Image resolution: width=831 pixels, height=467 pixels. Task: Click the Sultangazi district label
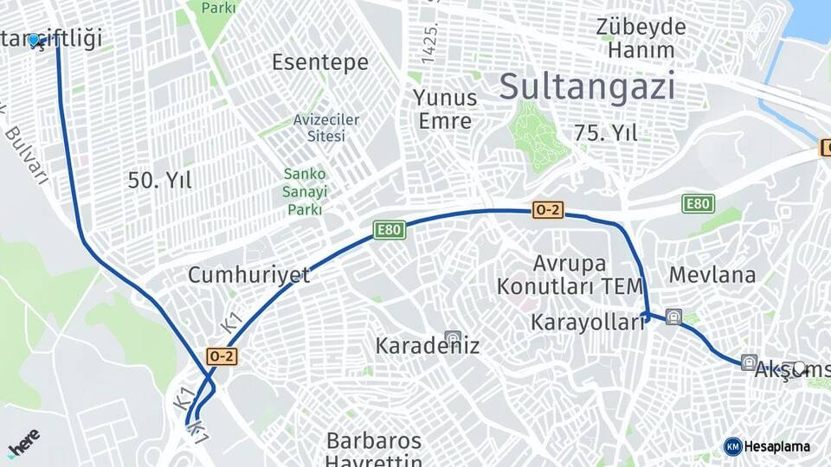coord(587,86)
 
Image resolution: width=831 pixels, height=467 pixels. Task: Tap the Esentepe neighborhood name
coord(319,62)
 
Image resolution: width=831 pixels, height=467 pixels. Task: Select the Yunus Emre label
coord(445,109)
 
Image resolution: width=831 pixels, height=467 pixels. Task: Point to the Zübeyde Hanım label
coord(641,38)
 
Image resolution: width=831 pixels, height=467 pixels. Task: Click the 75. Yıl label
coord(605,132)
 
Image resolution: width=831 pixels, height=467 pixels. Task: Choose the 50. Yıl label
coord(160,180)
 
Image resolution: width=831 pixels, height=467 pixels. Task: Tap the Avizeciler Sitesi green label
coord(325,127)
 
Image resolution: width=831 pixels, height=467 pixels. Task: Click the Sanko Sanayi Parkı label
coord(306,191)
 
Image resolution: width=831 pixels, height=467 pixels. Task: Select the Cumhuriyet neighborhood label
coord(248,275)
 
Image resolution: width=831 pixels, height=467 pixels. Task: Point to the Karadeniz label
coord(427,346)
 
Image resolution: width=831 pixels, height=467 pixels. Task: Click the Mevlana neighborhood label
coord(712,275)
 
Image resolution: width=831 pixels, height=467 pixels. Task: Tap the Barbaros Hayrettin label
coord(374,450)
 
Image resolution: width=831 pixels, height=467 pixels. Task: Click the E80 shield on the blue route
coord(389,229)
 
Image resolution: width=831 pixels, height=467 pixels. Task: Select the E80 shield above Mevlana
coord(698,203)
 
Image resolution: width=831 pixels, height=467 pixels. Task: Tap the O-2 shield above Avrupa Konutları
coord(548,209)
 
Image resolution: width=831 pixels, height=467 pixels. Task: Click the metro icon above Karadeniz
coord(451,337)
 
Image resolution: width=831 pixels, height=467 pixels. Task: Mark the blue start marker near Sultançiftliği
coord(34,40)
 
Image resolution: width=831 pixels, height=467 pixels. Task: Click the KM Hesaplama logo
coord(767,446)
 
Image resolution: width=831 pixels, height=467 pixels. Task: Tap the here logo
coord(24,443)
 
